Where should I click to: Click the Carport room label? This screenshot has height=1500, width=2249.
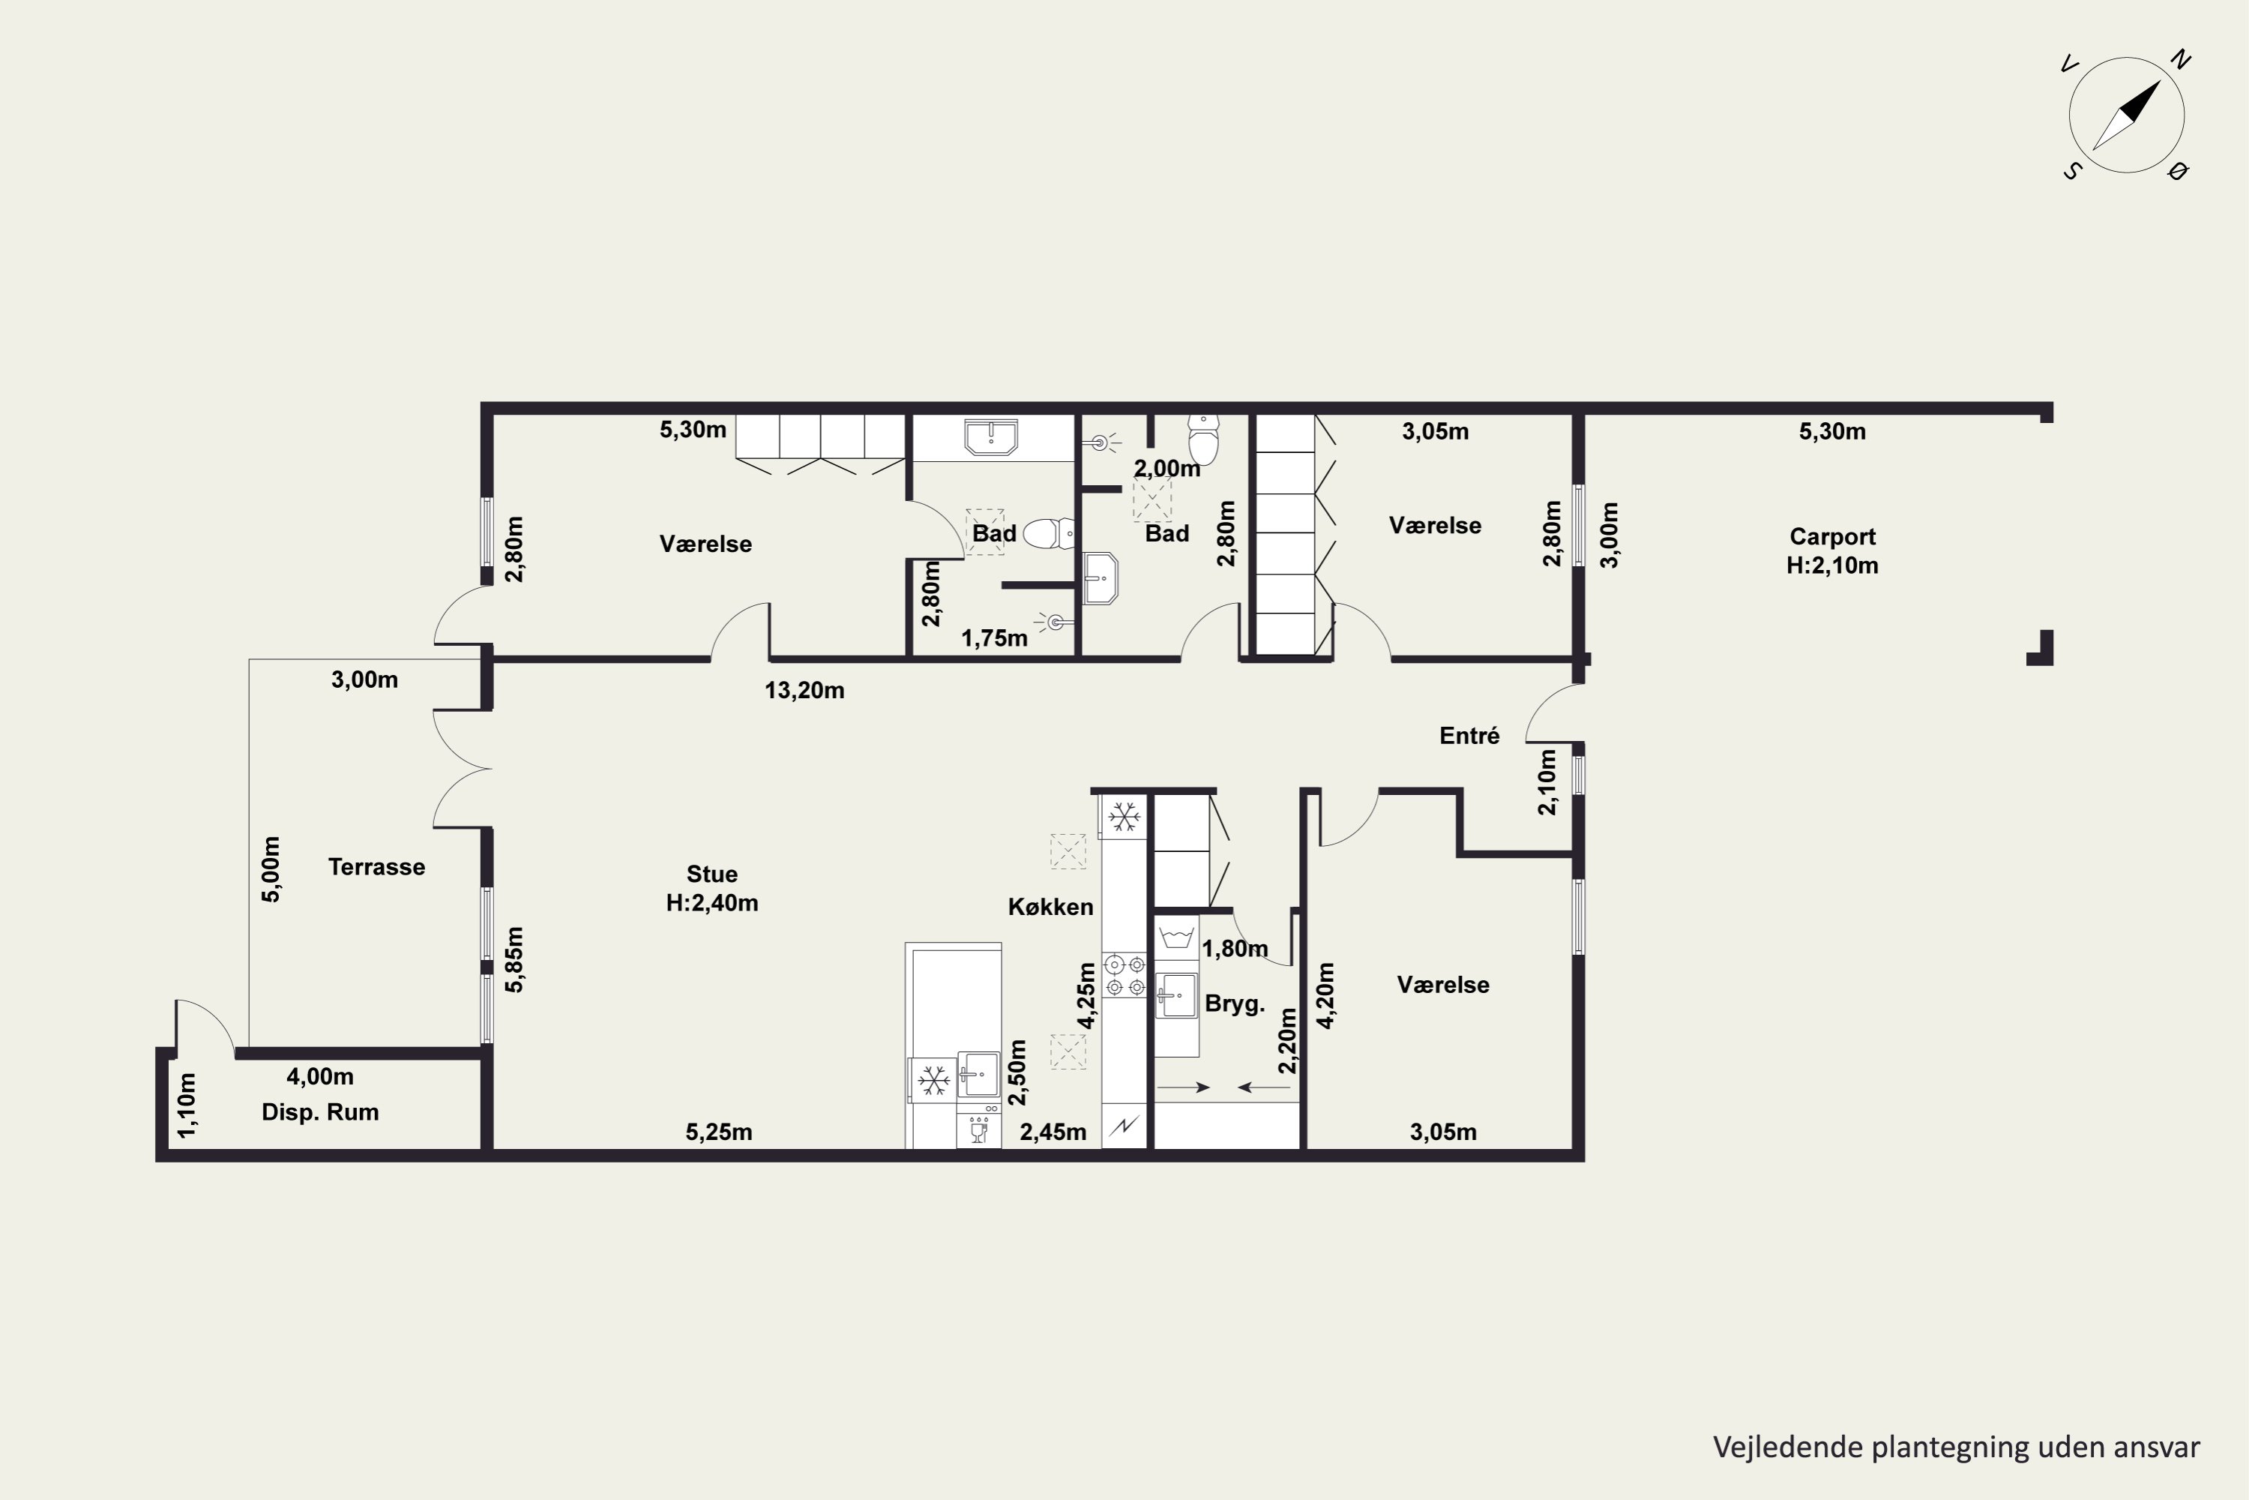tap(1832, 537)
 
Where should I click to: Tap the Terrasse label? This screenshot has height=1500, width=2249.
tap(377, 867)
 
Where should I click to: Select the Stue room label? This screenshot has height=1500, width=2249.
tap(712, 874)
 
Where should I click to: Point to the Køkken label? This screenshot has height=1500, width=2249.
tap(1051, 907)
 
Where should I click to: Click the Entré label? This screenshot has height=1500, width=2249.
tap(1469, 736)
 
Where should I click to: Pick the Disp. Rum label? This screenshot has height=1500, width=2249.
tap(320, 1111)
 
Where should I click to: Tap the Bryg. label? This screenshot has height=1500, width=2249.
tap(1235, 1003)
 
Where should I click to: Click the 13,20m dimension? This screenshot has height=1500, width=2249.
tap(804, 691)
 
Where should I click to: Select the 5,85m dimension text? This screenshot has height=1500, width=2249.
tap(514, 959)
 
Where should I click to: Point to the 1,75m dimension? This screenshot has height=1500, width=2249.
tap(995, 638)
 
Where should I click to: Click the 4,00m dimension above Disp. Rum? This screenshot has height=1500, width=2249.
tap(320, 1076)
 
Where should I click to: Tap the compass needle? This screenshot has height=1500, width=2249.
tap(2127, 115)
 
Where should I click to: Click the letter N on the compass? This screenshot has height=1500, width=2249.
tap(2180, 60)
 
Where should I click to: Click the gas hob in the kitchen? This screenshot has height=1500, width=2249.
tap(1124, 976)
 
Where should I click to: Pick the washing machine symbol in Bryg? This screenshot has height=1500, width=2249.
tap(1176, 937)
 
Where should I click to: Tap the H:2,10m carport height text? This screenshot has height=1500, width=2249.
tap(1832, 565)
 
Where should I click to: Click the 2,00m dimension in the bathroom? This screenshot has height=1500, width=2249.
tap(1167, 469)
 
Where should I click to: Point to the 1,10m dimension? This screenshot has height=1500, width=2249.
tap(187, 1105)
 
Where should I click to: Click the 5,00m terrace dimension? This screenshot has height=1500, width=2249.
tap(271, 868)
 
